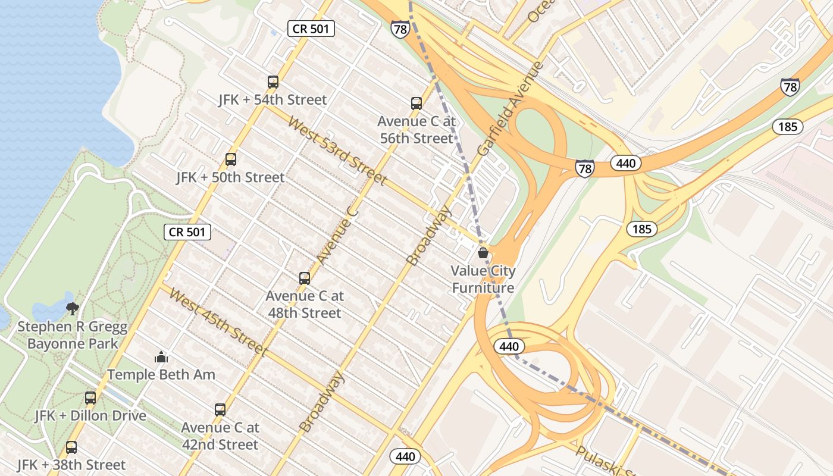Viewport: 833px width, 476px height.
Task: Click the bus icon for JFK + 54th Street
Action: [273, 82]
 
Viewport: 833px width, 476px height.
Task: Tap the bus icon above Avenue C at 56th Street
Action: [416, 104]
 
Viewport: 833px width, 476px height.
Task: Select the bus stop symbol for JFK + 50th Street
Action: [231, 159]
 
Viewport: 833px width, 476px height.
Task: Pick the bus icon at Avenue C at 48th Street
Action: [305, 278]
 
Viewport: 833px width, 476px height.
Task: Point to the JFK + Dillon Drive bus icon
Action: [90, 398]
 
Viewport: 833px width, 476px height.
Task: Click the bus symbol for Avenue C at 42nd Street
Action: [220, 410]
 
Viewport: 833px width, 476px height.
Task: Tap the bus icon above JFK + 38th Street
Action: [71, 447]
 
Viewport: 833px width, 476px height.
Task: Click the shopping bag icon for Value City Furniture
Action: [483, 253]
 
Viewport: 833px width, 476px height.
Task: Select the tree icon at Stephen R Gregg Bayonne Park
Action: [73, 308]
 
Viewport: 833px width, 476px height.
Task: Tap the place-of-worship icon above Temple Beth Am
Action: [161, 357]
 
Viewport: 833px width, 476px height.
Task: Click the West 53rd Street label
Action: [337, 151]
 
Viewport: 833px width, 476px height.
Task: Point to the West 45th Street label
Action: [218, 322]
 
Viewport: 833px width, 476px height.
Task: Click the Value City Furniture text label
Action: [483, 280]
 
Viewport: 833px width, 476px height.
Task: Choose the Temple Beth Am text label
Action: [161, 375]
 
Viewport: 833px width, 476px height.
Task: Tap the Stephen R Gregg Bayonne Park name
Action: [73, 335]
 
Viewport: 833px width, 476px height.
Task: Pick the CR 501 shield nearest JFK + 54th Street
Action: [311, 29]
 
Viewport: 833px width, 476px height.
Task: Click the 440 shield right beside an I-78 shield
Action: [626, 163]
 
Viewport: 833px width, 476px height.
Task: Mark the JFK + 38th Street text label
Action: [71, 465]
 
